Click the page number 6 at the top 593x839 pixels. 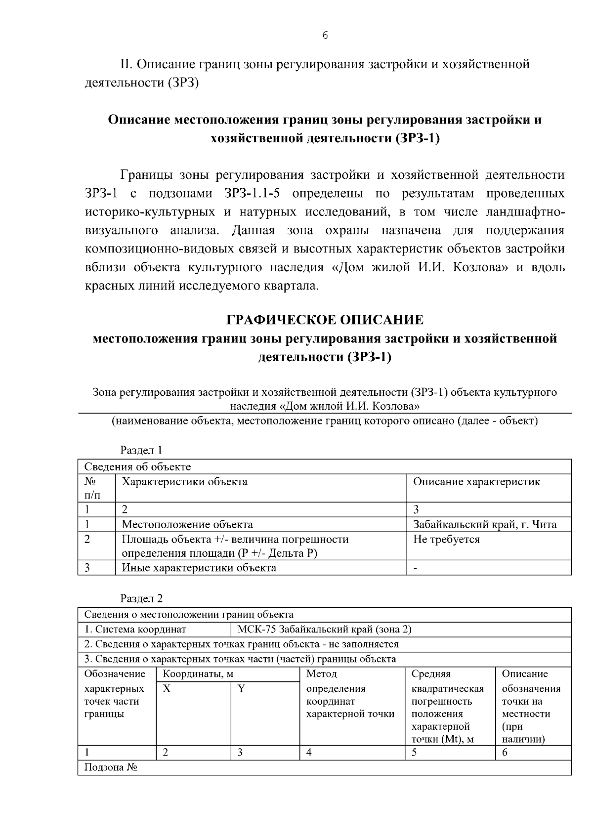[x=325, y=36]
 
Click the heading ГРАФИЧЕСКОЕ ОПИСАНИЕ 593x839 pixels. [x=325, y=320]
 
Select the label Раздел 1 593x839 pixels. [x=141, y=450]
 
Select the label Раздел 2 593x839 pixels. [x=141, y=598]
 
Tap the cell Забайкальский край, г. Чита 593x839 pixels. [x=484, y=525]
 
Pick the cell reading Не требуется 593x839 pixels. [x=446, y=539]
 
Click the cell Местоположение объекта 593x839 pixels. [x=187, y=525]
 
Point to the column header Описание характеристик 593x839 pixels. [x=476, y=482]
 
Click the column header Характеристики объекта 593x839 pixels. [x=184, y=482]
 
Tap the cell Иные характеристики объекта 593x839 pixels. [x=199, y=568]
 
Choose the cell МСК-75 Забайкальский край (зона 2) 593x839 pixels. [x=324, y=629]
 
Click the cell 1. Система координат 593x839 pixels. [x=135, y=629]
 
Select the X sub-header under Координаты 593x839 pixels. [x=167, y=688]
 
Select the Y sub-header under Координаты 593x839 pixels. [x=241, y=688]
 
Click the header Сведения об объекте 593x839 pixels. [x=137, y=467]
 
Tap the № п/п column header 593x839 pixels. [x=90, y=488]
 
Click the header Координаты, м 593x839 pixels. [x=198, y=674]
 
